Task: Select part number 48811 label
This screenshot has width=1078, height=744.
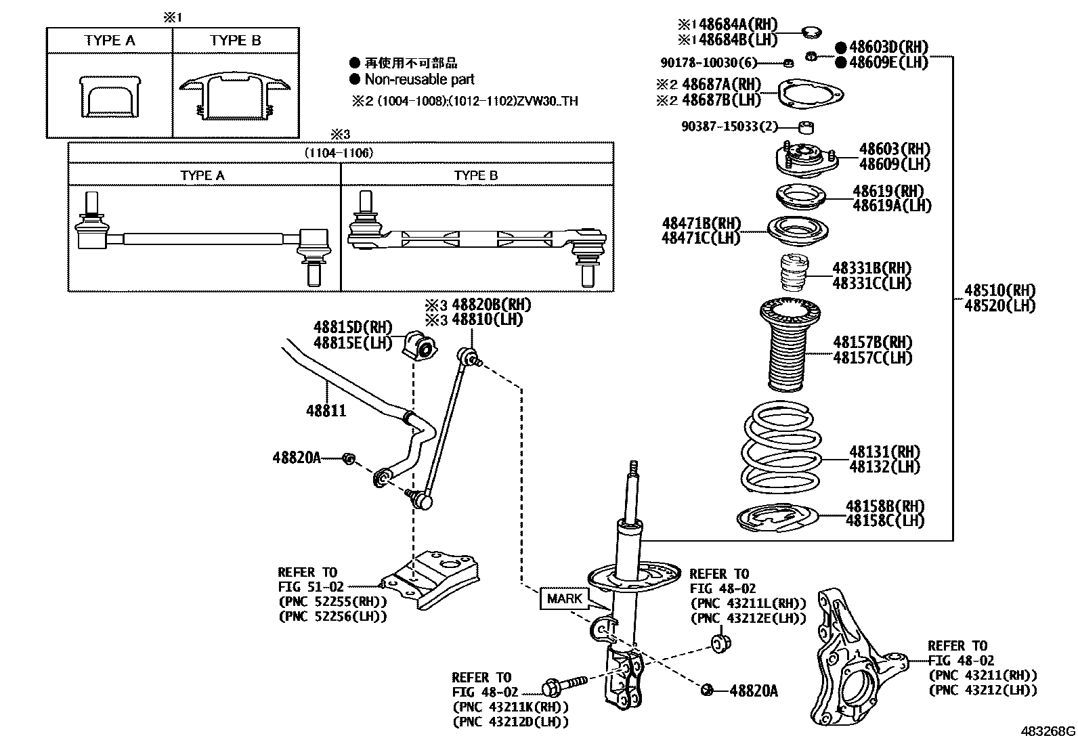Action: tap(326, 410)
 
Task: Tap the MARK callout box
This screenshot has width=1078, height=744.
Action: tap(564, 598)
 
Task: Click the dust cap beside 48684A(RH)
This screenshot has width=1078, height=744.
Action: tap(810, 31)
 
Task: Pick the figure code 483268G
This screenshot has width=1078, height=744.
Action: tap(1048, 732)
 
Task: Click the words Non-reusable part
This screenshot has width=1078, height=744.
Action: tap(419, 79)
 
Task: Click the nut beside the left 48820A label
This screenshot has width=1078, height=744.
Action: tap(349, 458)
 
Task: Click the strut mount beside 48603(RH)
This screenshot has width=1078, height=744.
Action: tap(804, 160)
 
